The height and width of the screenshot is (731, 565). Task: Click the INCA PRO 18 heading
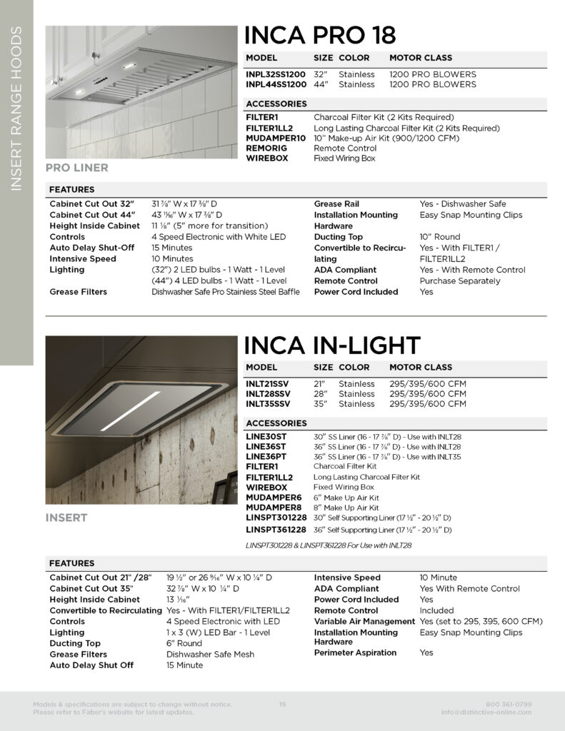[320, 35]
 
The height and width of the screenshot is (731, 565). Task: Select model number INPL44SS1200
[276, 84]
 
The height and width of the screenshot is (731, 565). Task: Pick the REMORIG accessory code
[266, 148]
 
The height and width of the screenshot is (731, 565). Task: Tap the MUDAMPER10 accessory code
[276, 138]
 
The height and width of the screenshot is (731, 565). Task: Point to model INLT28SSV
[268, 393]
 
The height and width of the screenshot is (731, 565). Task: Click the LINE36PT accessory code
[266, 456]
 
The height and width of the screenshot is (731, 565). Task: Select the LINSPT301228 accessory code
[276, 517]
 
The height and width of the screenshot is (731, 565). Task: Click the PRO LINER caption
[77, 168]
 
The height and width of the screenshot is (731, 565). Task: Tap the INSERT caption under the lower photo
[66, 518]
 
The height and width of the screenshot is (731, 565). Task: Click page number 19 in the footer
[282, 705]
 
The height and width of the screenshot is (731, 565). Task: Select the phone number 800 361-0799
[508, 705]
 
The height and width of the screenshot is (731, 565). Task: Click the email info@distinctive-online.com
[486, 712]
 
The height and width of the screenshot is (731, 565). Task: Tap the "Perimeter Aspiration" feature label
[355, 652]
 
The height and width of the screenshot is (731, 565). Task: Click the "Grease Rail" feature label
[336, 204]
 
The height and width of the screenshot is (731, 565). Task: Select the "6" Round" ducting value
[184, 643]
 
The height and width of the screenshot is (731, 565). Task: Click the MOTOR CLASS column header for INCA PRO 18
[420, 58]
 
